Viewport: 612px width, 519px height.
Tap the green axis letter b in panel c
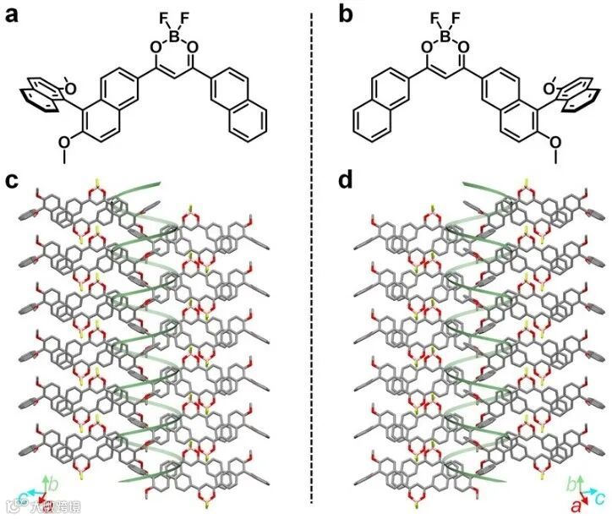[x=53, y=484]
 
